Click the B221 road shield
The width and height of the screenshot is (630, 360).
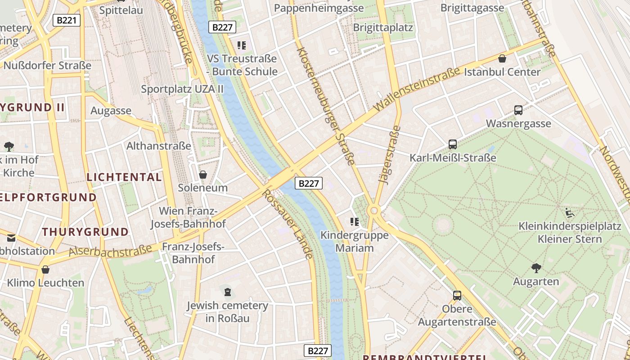[x=67, y=20]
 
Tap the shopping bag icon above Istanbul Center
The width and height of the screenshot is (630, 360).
[x=502, y=58]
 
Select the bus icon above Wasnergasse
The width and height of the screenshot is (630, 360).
[x=518, y=110]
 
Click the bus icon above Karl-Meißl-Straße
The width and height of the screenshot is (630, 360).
[x=453, y=144]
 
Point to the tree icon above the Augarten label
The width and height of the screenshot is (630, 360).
[x=536, y=268]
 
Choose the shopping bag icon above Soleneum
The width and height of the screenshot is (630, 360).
[x=203, y=174]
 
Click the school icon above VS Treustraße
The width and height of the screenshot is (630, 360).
[x=242, y=45]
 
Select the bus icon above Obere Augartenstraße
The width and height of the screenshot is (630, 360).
[x=457, y=296]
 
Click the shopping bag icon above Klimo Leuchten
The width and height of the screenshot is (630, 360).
[x=45, y=270]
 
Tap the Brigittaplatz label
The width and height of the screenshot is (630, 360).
[x=383, y=27]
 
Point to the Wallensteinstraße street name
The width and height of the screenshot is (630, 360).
[x=416, y=89]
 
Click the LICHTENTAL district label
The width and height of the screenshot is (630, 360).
[x=124, y=177]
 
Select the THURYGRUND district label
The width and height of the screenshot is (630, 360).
[x=85, y=232]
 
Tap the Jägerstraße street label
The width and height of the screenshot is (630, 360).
[x=390, y=155]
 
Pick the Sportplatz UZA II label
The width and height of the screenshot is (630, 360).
[x=182, y=89]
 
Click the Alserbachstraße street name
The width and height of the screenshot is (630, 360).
[x=110, y=251]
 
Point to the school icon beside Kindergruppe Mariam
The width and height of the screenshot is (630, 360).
[x=355, y=221]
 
